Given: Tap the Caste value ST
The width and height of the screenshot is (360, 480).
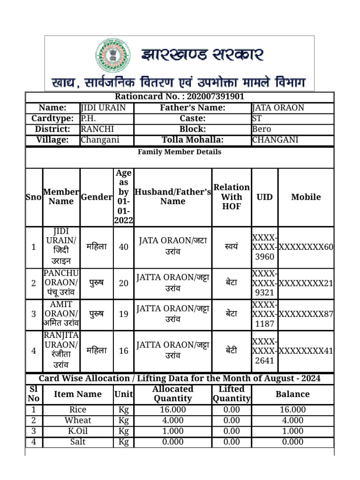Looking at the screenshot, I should point(257,119).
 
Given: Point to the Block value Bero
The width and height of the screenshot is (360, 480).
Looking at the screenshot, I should point(261,129).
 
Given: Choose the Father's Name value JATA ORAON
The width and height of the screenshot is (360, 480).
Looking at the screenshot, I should point(278,108).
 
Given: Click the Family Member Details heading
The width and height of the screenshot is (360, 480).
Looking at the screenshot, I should point(180,152).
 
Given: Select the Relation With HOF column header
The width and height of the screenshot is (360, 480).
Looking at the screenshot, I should point(232,197).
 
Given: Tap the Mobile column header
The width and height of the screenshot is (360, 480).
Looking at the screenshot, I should point(306,197).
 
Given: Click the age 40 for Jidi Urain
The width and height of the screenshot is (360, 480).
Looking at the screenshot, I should point(124,247).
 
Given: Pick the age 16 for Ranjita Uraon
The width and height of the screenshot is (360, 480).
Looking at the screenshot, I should point(124,350).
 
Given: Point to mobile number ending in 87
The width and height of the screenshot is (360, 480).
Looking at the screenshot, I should point(306,314).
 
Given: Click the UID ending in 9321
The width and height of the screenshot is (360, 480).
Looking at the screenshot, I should point(264,283).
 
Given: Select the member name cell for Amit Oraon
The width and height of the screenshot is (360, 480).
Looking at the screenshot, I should point(61,314).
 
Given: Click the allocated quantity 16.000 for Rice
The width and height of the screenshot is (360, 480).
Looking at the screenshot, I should point(172,410).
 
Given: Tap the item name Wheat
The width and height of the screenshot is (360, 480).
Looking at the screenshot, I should point(78,420).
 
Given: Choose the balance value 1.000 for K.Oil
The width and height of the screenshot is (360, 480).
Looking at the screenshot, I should point(292,431).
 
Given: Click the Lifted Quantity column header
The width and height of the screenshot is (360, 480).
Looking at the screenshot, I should point(232,394).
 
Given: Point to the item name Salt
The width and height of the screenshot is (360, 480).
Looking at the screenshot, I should point(78,442).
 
